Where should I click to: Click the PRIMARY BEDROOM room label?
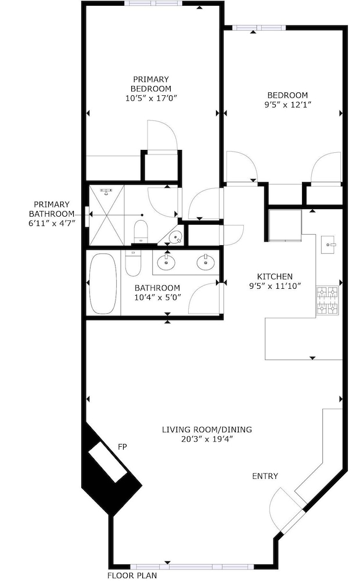(151, 84)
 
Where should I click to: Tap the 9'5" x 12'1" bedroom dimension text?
(287, 105)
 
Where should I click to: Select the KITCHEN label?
(275, 277)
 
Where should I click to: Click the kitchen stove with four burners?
(327, 300)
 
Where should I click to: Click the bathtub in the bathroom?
(103, 283)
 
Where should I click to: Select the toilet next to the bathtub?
(132, 263)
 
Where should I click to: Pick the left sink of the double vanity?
(166, 263)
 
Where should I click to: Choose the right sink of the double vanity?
(206, 263)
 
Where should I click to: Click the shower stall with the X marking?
(106, 216)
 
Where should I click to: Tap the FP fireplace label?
(122, 447)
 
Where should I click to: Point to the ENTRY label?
(265, 476)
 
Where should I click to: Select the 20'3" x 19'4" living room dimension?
(207, 439)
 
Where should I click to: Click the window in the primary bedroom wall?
(153, 3)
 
